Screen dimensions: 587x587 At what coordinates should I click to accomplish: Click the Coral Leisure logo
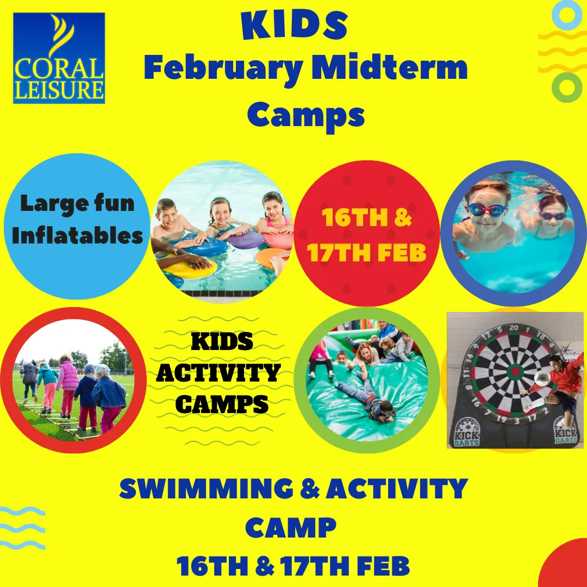pyautogui.click(x=59, y=58)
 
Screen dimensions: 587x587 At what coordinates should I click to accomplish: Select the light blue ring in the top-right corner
pyautogui.click(x=566, y=15)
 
